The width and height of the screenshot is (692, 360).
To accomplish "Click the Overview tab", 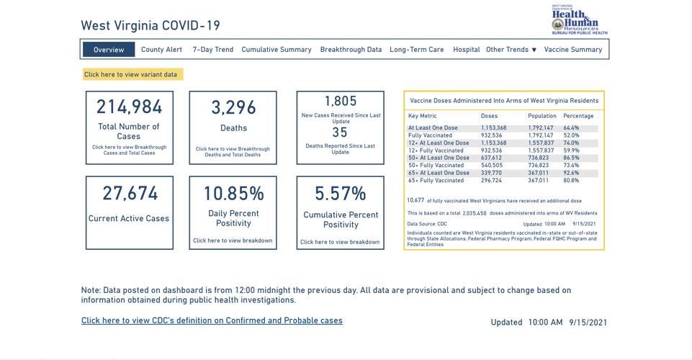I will [x=109, y=50].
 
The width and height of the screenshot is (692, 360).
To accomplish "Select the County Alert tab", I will [x=161, y=50].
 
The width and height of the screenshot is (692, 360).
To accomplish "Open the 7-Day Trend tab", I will [x=212, y=50].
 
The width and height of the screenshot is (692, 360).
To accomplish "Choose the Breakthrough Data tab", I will [x=351, y=50].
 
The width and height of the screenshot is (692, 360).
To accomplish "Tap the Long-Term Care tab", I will [x=416, y=50].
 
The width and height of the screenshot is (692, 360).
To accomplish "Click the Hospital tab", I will [x=466, y=50].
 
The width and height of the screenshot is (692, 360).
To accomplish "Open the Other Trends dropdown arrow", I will [x=534, y=50].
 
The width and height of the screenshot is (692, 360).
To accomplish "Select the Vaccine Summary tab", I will [x=572, y=50].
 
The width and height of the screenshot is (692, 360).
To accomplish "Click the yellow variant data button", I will [x=132, y=74].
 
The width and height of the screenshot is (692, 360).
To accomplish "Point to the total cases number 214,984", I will [x=130, y=107].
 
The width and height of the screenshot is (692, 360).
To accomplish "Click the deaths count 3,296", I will [x=233, y=108].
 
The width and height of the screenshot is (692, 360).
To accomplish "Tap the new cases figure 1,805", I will [x=340, y=102].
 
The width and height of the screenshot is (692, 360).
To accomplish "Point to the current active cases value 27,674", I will [x=130, y=194].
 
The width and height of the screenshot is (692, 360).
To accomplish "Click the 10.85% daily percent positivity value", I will [x=233, y=194].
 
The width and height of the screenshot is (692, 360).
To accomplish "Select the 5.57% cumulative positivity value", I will [x=340, y=194].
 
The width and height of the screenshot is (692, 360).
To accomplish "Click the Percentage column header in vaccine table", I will [x=578, y=116].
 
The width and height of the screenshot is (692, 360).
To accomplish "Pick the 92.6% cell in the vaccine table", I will [x=571, y=173].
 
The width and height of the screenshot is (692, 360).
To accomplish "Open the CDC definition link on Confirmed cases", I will [x=212, y=321].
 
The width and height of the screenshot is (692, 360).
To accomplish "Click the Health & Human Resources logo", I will [x=579, y=19].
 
